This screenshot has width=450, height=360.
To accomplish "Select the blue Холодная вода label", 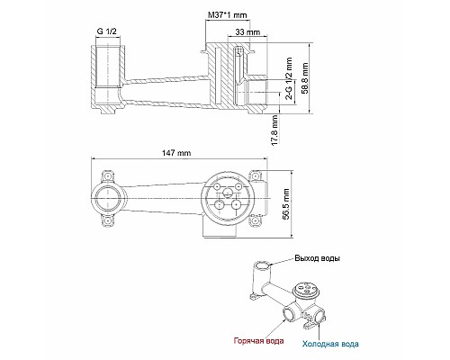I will tap(329, 342).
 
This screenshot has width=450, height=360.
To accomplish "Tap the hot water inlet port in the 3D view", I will tap(288, 314).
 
